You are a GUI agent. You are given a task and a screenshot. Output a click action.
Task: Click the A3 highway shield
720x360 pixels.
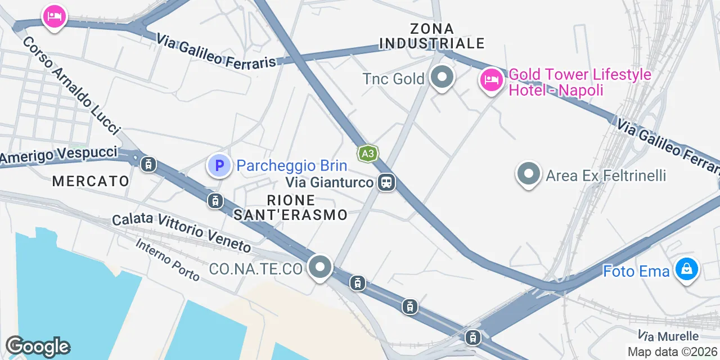367,154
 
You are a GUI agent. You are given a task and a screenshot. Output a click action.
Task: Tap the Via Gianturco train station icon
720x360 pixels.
386,182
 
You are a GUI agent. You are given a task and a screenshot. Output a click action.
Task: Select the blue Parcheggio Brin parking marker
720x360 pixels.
219,165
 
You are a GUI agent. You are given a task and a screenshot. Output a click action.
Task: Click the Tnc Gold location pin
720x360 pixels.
442,78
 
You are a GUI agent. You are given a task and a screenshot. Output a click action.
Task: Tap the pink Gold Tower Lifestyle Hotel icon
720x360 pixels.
491,80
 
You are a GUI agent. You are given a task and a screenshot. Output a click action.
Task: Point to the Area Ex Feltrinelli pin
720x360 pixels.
528,174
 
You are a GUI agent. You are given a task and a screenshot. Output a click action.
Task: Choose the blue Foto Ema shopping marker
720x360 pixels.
687,269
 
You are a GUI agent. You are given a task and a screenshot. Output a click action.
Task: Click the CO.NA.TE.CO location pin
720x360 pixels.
321,267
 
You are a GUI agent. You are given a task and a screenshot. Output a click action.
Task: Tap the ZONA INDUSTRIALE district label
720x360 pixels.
432,35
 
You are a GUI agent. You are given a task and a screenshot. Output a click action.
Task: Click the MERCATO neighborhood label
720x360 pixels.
91,181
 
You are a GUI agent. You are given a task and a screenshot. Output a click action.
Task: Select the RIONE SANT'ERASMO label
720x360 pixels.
291,208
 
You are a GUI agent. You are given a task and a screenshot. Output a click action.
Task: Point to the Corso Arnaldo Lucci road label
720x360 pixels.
72,86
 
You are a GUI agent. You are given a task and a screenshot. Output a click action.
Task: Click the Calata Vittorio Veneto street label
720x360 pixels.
181,232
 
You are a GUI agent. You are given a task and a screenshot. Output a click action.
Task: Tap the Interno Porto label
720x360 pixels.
168,259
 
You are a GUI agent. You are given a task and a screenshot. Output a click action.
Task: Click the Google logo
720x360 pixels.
37,347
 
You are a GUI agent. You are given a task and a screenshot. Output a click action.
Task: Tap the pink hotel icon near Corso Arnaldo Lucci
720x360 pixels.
55,17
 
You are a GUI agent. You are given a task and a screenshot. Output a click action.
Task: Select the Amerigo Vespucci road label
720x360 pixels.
59,155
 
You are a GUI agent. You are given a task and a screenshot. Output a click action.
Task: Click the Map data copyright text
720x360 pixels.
673,352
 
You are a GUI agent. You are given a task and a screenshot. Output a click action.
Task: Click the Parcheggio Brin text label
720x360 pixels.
291,166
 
